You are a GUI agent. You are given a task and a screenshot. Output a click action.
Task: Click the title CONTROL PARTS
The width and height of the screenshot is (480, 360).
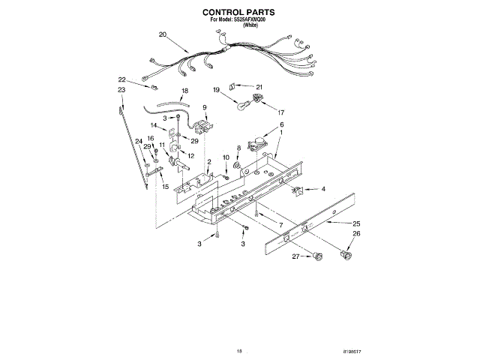tap(239, 13)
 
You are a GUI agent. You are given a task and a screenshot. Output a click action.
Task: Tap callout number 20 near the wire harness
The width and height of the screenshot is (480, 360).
tap(163, 34)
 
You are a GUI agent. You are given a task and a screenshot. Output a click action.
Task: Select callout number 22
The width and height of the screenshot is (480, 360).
tap(121, 79)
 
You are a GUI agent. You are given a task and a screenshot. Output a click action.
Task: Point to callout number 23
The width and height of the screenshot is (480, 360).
tap(121, 90)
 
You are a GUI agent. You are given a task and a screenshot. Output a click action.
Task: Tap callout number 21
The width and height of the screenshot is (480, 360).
tap(260, 85)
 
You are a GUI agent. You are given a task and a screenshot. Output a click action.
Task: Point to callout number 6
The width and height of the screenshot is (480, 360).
tap(282, 124)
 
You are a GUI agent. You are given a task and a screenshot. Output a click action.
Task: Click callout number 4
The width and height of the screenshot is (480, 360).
tap(323, 189)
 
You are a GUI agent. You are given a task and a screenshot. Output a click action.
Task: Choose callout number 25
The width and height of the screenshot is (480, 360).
tap(357, 223)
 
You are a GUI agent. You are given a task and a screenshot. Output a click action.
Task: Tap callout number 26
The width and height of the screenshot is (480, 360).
tap(357, 235)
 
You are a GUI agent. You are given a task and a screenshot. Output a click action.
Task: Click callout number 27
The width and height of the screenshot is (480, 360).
tap(295, 257)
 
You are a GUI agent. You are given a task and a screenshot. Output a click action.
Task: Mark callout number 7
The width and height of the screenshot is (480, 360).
tap(280, 225)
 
